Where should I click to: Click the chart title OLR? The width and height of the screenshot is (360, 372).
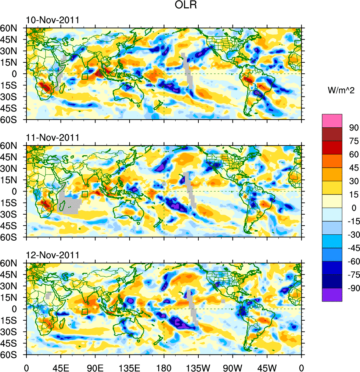[x=180, y=6]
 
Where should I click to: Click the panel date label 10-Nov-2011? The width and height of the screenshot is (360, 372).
[x=53, y=20]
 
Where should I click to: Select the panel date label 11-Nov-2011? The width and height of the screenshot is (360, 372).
[x=53, y=138]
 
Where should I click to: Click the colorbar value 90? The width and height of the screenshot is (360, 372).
[x=353, y=128]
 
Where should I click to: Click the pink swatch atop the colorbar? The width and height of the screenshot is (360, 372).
[x=332, y=121]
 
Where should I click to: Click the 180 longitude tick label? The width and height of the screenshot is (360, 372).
[x=164, y=367]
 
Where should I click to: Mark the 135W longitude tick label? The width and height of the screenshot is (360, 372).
[x=198, y=367]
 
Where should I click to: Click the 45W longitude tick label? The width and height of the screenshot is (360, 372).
[x=267, y=367]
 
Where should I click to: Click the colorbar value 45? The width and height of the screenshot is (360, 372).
[x=353, y=168]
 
